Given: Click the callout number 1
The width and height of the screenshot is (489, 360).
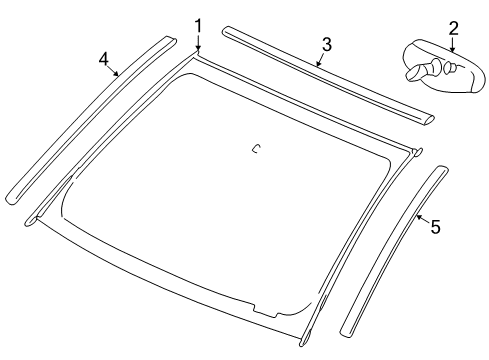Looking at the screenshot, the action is click(x=198, y=24).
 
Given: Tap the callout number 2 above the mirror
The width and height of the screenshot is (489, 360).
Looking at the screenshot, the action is click(x=453, y=28).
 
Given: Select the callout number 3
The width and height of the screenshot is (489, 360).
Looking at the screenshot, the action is click(x=326, y=44).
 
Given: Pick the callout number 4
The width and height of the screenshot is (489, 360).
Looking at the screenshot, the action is click(x=104, y=59).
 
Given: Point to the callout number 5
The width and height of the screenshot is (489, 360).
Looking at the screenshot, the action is click(x=435, y=227).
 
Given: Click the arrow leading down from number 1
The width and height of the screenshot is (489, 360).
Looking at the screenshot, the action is click(x=198, y=43).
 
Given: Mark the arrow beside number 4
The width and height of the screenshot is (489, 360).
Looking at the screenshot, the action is click(x=114, y=70).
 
